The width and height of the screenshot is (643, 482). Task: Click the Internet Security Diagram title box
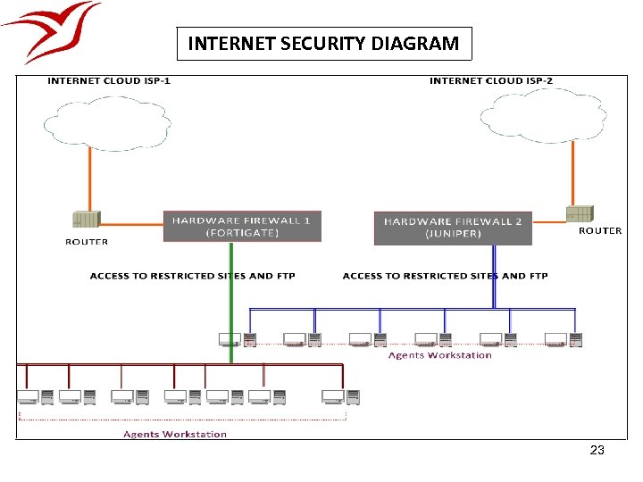pyautogui.click(x=323, y=43)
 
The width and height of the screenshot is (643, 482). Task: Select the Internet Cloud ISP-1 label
pyautogui.click(x=108, y=81)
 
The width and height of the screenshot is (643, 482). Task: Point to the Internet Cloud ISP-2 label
pyautogui.click(x=490, y=81)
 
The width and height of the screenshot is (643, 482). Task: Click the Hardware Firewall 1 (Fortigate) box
pyautogui.click(x=242, y=226)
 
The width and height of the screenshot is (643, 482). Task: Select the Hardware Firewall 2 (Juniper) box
pyautogui.click(x=453, y=227)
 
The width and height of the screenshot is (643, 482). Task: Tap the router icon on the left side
pyautogui.click(x=87, y=220)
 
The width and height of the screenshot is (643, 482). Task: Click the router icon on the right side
pyautogui.click(x=579, y=213)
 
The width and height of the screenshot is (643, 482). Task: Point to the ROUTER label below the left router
pyautogui.click(x=87, y=242)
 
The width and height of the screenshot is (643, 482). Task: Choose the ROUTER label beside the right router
pyautogui.click(x=600, y=231)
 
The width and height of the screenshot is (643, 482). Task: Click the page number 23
pyautogui.click(x=597, y=451)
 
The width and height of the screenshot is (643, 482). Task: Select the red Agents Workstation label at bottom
pyautogui.click(x=174, y=435)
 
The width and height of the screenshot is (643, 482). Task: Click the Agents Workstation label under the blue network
pyautogui.click(x=439, y=355)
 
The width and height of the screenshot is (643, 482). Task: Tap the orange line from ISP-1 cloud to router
pyautogui.click(x=90, y=179)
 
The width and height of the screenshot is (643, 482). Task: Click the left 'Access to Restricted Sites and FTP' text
pyautogui.click(x=192, y=276)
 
